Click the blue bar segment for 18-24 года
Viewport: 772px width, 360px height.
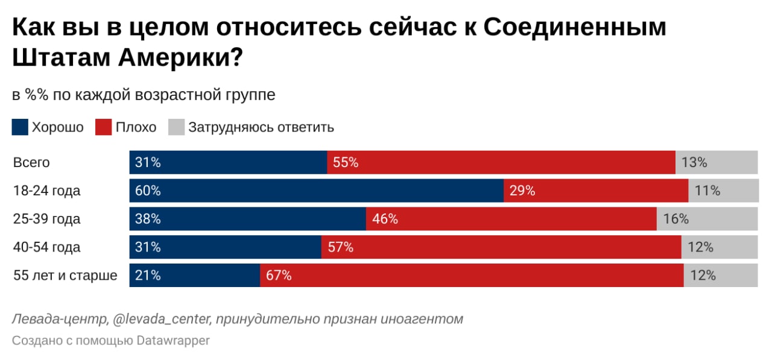coord(317,191)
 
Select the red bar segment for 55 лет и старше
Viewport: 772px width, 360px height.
coord(472,276)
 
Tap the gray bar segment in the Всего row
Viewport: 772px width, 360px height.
coord(717,163)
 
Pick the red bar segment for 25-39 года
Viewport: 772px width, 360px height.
coord(511,219)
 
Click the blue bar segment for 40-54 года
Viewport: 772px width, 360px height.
coord(225,247)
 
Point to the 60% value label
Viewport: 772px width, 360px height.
coord(148,191)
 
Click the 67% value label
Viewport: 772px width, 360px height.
coord(279,276)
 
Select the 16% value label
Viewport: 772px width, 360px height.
coord(675,219)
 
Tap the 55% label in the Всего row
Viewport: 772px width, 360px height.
coord(346,163)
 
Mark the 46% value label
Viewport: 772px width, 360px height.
coord(385,219)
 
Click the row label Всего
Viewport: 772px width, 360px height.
coord(31,163)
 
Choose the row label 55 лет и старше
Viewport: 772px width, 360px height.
coord(65,276)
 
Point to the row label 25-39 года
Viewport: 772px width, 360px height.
coord(46,219)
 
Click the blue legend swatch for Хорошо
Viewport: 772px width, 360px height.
coord(20,127)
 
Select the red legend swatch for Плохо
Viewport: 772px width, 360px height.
coord(104,127)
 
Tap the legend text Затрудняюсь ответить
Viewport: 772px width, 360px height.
coord(261,127)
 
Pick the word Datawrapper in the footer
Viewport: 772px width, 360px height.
coord(173,341)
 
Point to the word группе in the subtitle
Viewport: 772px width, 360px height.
coord(254,95)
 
